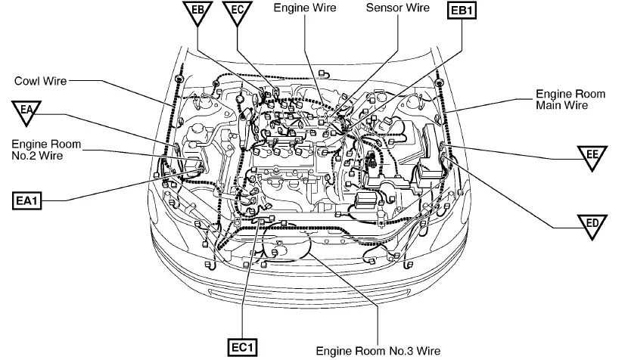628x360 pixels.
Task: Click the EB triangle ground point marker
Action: tap(196, 14)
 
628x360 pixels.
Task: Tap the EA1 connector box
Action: tap(31, 200)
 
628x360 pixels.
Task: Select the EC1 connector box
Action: tap(244, 347)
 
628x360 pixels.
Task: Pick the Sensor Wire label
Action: tap(397, 8)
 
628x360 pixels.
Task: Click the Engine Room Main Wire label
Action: tap(571, 100)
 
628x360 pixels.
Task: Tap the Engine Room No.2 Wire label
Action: tap(46, 150)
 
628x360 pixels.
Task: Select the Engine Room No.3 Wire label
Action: tap(378, 351)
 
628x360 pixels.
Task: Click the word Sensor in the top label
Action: tap(383, 8)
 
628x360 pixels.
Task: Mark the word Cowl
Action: tap(27, 79)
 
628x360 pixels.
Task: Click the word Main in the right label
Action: tap(558, 106)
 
